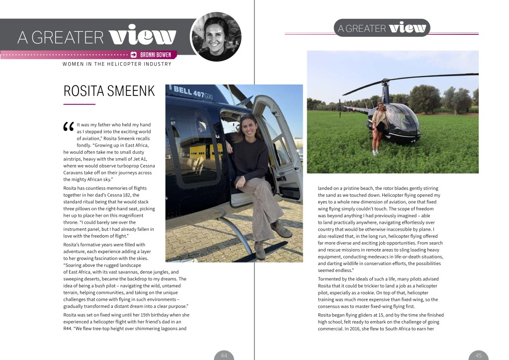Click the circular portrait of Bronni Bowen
pyautogui.click(x=216, y=37)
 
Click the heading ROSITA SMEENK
pyautogui.click(x=109, y=91)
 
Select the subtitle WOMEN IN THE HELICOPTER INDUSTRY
pyautogui.click(x=117, y=64)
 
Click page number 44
pyautogui.click(x=224, y=355)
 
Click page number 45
pyautogui.click(x=478, y=355)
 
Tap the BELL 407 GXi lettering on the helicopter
pyautogui.click(x=192, y=93)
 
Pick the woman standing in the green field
pyautogui.click(x=379, y=127)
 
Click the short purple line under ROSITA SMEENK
pyautogui.click(x=79, y=104)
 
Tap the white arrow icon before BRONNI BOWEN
pyautogui.click(x=134, y=55)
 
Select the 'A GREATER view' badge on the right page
pyautogui.click(x=382, y=28)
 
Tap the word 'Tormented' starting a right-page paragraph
pyautogui.click(x=330, y=279)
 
